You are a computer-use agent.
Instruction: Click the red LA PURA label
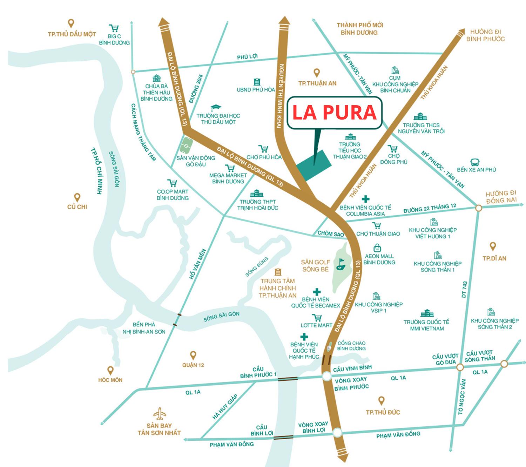click(334, 113)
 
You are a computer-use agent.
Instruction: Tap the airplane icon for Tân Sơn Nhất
click(160, 414)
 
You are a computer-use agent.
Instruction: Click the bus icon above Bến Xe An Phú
click(476, 162)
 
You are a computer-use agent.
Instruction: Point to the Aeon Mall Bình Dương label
click(379, 259)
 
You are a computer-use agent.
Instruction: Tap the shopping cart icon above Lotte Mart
click(317, 318)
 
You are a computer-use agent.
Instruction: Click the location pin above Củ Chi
click(77, 197)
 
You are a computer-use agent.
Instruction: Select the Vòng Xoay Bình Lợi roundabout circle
click(337, 432)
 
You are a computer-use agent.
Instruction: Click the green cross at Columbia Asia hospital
click(365, 199)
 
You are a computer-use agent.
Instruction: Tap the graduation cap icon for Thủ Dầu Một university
click(216, 108)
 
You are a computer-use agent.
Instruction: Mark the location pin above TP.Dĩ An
click(493, 246)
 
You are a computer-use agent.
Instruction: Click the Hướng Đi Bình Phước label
click(485, 35)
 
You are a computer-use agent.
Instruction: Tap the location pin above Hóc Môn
click(110, 370)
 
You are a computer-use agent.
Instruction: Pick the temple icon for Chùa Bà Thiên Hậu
click(156, 79)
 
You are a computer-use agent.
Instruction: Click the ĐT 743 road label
click(465, 290)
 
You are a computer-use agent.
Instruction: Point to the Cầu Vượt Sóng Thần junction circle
click(504, 364)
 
